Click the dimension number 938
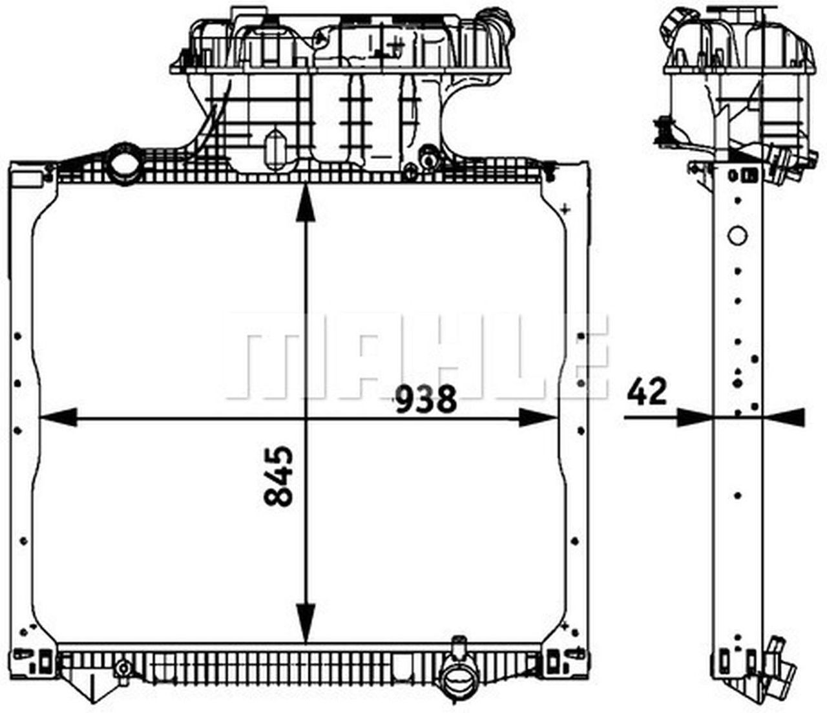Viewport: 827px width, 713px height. pyautogui.click(x=426, y=399)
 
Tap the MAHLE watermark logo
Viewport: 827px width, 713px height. pyautogui.click(x=417, y=357)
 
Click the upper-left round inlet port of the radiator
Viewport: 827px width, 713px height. pyautogui.click(x=123, y=165)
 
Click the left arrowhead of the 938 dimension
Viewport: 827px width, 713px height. pyautogui.click(x=58, y=418)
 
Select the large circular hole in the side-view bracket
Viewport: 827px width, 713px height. pyautogui.click(x=737, y=235)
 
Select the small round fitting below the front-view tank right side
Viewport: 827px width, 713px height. pyautogui.click(x=427, y=156)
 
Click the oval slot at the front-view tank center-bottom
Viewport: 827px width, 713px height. pyautogui.click(x=275, y=145)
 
